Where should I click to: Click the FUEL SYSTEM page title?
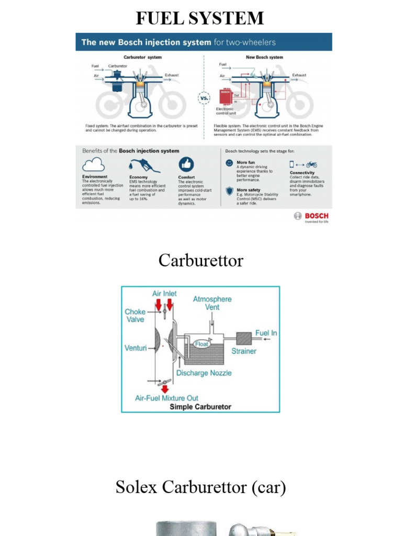click(x=200, y=18)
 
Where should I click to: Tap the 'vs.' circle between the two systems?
click(x=204, y=98)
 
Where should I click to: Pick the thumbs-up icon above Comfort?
click(x=186, y=164)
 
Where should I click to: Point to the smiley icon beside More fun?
click(x=229, y=163)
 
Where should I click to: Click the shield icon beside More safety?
click(x=229, y=191)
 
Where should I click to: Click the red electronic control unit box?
click(x=225, y=97)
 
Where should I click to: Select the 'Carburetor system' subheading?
click(x=142, y=57)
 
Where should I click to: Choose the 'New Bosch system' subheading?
click(x=264, y=57)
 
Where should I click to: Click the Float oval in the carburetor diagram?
click(x=202, y=344)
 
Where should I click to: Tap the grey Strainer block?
click(x=243, y=338)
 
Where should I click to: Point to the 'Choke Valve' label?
click(x=135, y=315)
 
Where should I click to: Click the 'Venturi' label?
click(x=136, y=348)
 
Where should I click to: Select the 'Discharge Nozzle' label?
click(x=204, y=373)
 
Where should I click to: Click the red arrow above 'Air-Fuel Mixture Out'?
click(x=165, y=388)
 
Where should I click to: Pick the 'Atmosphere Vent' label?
click(x=212, y=303)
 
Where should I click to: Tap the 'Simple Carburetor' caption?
click(x=200, y=407)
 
